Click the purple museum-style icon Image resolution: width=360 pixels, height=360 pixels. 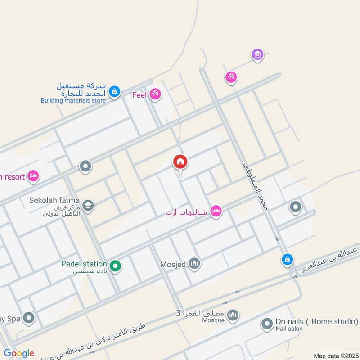(257, 54)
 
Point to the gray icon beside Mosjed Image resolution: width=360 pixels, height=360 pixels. (194, 263)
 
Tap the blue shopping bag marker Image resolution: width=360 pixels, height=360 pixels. (287, 259)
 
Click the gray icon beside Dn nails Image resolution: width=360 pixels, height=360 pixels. (267, 324)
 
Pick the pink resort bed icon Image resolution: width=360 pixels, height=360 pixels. (33, 176)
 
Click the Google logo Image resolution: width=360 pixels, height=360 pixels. (19, 353)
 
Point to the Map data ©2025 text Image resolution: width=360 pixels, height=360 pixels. (336, 355)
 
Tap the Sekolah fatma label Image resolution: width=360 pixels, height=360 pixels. (54, 200)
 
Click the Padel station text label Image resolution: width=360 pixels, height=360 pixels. (84, 264)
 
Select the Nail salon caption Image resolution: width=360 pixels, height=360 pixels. (290, 329)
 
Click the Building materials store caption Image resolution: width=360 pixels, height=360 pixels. (73, 101)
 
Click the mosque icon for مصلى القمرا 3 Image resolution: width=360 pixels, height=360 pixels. (232, 315)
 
